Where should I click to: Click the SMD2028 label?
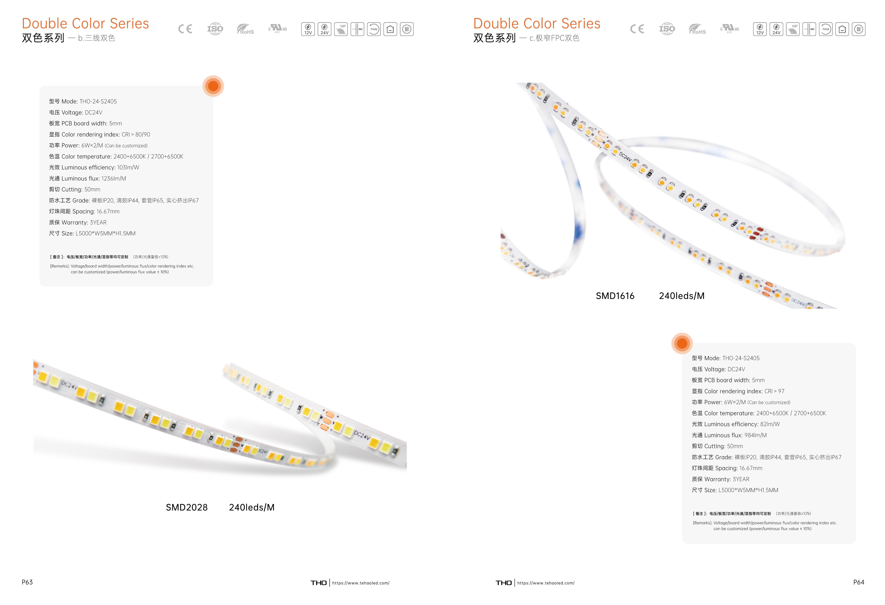pos(187,508)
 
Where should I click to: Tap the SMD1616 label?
pos(615,296)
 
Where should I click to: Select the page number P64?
pos(859,582)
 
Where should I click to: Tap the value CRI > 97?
pos(775,391)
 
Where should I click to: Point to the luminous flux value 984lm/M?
pos(756,435)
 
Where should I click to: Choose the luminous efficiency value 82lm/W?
pos(770,424)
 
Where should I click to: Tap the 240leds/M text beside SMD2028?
pos(252,508)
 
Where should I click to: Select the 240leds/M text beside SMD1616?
pos(682,296)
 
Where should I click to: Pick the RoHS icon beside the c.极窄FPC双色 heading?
pos(697,29)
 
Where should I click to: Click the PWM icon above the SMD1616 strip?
pos(826,29)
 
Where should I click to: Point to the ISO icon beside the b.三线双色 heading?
pos(215,29)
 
